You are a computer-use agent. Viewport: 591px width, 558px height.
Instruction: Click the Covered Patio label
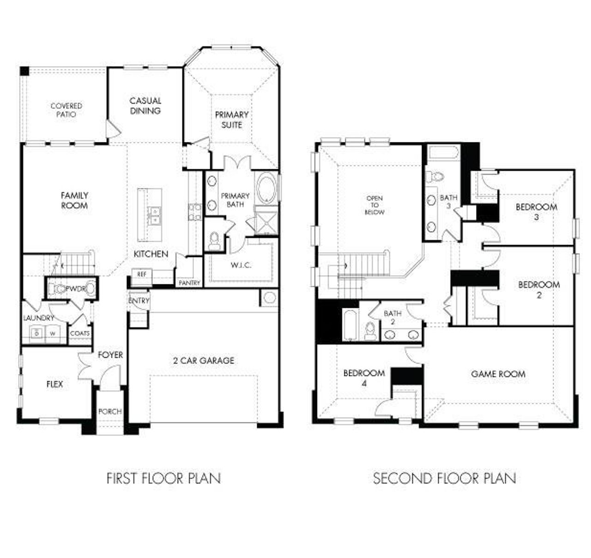[66, 110]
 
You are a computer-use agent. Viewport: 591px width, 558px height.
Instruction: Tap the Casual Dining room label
[145, 105]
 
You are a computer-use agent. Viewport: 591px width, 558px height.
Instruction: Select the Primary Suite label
[232, 119]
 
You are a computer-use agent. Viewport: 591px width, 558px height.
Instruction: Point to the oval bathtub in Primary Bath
[266, 188]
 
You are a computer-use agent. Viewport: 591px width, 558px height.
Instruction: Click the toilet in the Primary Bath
[214, 240]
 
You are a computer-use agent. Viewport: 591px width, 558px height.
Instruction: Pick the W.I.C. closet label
[241, 265]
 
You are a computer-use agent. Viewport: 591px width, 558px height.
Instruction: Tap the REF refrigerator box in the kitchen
[142, 274]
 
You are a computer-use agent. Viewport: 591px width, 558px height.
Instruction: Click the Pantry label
[189, 282]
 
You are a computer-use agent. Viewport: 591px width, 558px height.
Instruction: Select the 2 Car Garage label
[204, 360]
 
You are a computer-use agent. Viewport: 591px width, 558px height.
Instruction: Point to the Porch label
[110, 411]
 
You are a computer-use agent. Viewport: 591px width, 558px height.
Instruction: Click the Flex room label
[54, 384]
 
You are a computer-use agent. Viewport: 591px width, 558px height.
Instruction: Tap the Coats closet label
[80, 333]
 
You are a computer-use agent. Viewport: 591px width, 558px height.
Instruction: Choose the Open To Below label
[374, 205]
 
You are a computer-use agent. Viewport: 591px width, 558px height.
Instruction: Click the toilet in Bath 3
[435, 177]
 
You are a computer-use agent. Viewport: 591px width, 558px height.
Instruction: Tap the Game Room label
[498, 374]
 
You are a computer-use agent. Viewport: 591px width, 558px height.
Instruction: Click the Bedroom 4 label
[364, 377]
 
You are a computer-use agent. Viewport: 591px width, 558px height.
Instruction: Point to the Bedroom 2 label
[539, 289]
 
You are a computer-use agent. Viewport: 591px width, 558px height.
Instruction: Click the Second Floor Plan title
[445, 478]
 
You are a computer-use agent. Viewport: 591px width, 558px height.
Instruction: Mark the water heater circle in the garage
[270, 297]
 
